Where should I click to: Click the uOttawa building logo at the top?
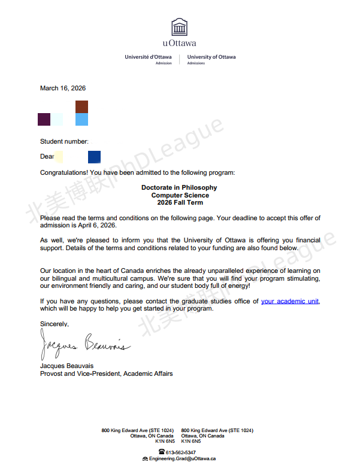pos(179,27)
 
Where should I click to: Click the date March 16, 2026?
pos(63,88)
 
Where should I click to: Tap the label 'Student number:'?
pos(64,141)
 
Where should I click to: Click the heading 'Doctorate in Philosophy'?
pos(179,187)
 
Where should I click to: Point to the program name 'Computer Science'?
pos(180,195)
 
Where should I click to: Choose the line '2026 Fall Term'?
pos(180,203)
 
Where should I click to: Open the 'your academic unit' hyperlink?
pos(290,301)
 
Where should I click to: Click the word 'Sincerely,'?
pos(55,324)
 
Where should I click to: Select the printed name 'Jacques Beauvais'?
pos(66,366)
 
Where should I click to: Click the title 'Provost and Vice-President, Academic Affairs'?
pos(106,373)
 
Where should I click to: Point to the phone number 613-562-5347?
pos(181,452)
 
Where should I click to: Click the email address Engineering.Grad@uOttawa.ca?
pos(183,458)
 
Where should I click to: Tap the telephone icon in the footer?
pos(162,452)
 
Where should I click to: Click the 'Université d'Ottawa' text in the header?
pos(148,57)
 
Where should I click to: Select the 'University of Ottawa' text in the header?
pos(211,57)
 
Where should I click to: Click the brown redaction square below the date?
pos(81,107)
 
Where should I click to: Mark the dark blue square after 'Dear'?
pos(94,157)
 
